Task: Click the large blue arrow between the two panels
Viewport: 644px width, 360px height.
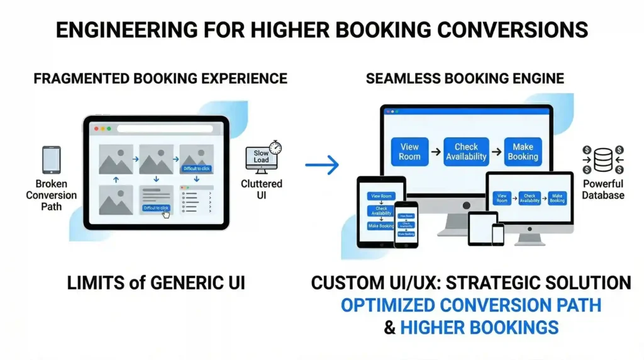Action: coord(322,165)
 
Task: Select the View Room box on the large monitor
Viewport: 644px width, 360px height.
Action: coord(409,152)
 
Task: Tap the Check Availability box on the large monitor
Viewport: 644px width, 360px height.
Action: coord(466,152)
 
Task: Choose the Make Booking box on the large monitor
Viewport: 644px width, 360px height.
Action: coord(523,152)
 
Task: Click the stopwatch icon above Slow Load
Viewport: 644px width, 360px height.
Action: coord(275,147)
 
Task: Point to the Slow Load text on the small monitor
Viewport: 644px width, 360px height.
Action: coord(261,157)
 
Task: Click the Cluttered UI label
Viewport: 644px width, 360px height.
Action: coord(262,189)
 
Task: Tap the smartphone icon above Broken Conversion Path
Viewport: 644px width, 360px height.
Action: coord(51,160)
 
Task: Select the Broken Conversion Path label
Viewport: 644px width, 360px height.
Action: coord(51,195)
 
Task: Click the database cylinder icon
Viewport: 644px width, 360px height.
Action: coord(602,160)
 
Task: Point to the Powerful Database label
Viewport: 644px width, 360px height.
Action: coord(602,189)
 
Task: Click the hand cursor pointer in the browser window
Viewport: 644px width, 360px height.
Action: coord(165,213)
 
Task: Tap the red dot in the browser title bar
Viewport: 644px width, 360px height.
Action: coord(96,128)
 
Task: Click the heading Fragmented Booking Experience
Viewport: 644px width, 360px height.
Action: coord(160,79)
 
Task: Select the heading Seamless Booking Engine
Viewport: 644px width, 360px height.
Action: coord(465,79)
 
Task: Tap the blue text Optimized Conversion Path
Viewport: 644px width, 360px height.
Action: coord(471,305)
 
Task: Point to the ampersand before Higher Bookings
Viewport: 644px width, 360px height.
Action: coord(390,327)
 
